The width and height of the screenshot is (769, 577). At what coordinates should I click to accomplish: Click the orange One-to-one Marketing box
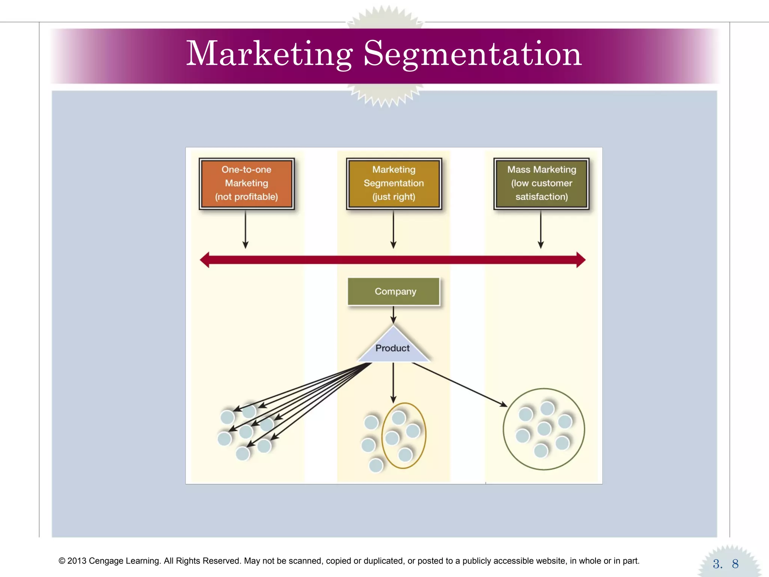pos(247,183)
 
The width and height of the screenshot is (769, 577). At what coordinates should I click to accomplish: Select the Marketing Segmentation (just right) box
pos(394,183)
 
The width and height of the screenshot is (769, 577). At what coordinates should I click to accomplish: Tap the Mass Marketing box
pos(541,183)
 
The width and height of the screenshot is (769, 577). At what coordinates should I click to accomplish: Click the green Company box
pos(394,292)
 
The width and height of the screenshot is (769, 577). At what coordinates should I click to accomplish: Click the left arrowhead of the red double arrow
pos(205,260)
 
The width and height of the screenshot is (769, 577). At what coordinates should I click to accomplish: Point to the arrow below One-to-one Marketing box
pos(246,229)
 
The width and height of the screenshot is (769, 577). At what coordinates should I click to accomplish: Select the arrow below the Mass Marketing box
pos(541,229)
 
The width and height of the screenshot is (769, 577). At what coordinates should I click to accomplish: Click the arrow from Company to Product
pos(394,315)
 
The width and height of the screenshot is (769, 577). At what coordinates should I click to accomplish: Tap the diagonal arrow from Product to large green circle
pos(460,385)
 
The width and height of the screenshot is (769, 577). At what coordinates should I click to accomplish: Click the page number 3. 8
pos(725,563)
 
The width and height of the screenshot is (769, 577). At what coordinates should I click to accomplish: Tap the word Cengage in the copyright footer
pos(106,561)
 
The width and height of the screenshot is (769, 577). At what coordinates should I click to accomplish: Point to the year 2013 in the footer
pos(77,561)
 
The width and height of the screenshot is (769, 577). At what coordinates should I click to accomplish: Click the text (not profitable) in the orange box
pos(246,197)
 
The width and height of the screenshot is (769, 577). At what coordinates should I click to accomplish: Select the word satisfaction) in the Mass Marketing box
pos(541,197)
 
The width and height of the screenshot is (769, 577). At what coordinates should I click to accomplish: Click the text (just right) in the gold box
pos(394,197)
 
